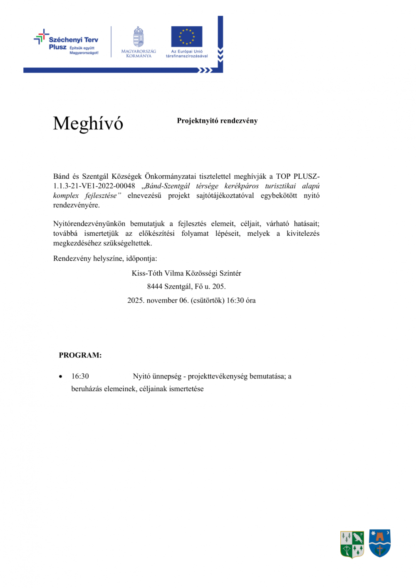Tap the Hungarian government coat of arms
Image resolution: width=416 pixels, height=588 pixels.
pos(139,37)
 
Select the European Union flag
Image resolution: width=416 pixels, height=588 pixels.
pos(187,37)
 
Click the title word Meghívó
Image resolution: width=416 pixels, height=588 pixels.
pos(88,124)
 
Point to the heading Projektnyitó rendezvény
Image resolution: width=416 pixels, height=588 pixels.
pos(217,121)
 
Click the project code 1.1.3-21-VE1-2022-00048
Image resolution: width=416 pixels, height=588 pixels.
pos(94,186)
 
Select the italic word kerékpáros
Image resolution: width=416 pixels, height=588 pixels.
pos(241,186)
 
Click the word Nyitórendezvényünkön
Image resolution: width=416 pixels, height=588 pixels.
pos(89,224)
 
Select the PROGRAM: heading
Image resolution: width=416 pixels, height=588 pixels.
pos(80,355)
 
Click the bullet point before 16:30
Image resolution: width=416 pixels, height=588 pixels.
pos(61,377)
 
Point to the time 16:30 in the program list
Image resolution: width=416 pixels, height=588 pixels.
pos(80,376)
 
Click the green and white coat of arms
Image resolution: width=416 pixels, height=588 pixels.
pos(352,544)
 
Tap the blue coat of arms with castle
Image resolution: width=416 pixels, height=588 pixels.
pos(380,543)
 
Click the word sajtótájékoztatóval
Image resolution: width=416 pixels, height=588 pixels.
pos(225,195)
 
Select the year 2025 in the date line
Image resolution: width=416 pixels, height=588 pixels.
pos(136,300)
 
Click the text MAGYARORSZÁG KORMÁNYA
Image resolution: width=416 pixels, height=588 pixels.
pos(139,54)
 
